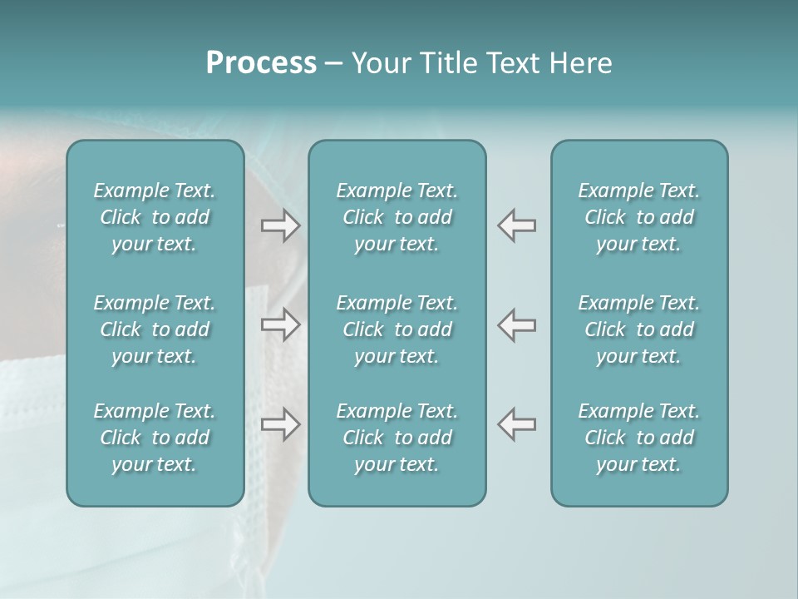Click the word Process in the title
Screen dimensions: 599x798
tap(261, 63)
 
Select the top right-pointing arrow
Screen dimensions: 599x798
tap(280, 225)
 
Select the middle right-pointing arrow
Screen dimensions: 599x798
tap(280, 324)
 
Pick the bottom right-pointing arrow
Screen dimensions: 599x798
tap(280, 424)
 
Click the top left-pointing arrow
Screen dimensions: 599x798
tap(517, 225)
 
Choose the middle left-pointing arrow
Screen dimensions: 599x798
tap(517, 324)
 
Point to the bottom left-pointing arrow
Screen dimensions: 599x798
tap(517, 424)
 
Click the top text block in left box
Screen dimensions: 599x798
tap(155, 217)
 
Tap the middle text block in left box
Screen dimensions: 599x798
tap(155, 329)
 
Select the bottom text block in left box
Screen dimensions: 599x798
tap(155, 438)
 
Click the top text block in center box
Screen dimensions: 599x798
tap(397, 217)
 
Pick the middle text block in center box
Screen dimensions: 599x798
tap(397, 329)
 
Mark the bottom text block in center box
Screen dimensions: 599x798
tap(397, 438)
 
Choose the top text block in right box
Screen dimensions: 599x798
tap(639, 217)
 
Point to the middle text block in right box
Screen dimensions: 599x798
tap(639, 329)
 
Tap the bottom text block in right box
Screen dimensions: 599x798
tap(639, 438)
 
